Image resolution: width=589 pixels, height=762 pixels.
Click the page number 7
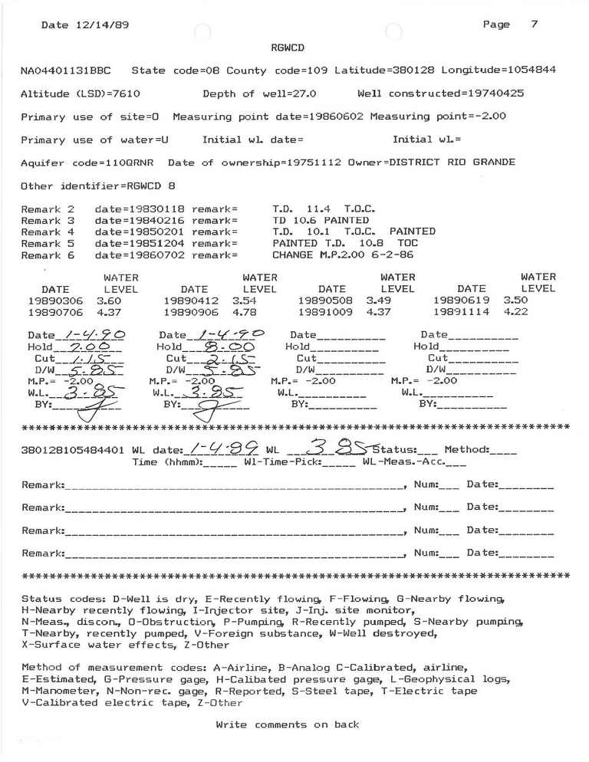tap(534, 24)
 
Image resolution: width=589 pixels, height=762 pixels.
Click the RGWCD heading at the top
tap(288, 47)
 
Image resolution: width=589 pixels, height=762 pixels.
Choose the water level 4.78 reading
tap(245, 312)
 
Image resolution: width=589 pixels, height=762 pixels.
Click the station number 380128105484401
tap(73, 451)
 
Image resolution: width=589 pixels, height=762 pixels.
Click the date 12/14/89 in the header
tap(100, 25)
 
